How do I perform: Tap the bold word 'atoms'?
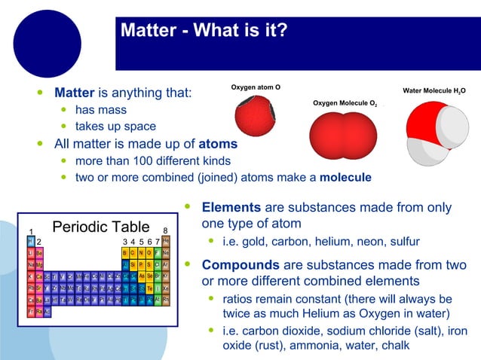(x=218, y=143)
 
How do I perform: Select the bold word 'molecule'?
(x=345, y=178)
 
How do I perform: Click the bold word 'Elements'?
(x=231, y=207)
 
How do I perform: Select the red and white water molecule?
(x=433, y=133)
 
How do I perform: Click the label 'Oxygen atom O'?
(x=256, y=88)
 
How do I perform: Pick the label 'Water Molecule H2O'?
(x=434, y=91)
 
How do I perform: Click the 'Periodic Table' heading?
(x=100, y=227)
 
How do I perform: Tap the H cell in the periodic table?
(x=31, y=241)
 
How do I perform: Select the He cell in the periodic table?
(x=166, y=241)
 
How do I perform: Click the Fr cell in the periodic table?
(x=31, y=312)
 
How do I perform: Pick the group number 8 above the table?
(x=165, y=230)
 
